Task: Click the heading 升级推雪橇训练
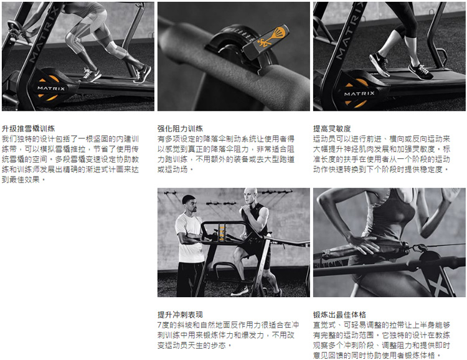28,128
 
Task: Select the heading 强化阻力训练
180,128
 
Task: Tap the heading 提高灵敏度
332,128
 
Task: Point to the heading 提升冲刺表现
180,315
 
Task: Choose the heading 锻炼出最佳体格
339,315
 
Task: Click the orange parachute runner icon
270,38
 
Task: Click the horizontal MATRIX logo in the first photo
51,88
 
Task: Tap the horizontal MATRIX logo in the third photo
359,93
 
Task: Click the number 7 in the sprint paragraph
159,325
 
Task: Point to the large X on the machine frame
437,285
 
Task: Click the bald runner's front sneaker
240,290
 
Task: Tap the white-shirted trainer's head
189,204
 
